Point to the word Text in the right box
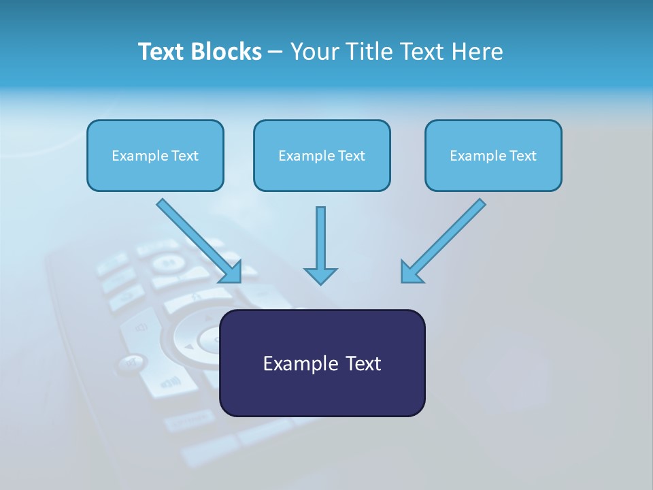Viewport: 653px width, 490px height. click(x=523, y=156)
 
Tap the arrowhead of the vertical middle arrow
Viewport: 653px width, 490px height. click(x=320, y=276)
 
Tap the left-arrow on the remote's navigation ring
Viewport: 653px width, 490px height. click(x=188, y=346)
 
